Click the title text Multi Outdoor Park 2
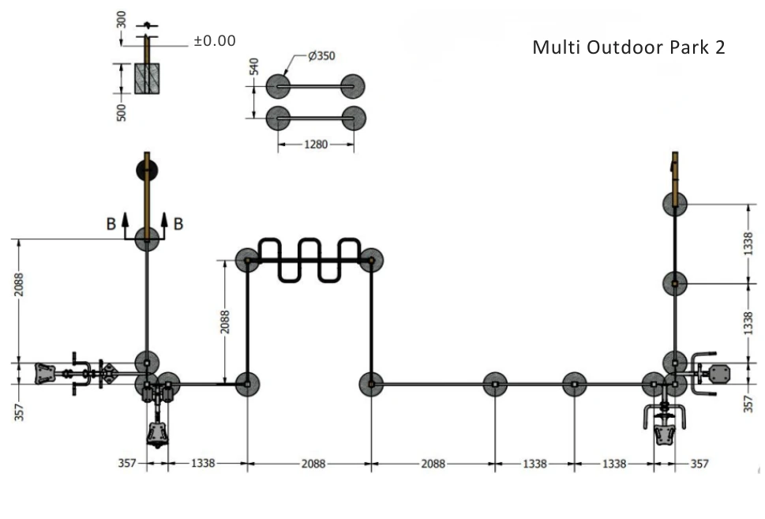[x=628, y=47]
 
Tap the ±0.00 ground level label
[x=214, y=40]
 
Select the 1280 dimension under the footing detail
[x=316, y=145]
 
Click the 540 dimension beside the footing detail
[x=254, y=66]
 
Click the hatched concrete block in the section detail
[x=147, y=79]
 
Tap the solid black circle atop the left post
[x=147, y=168]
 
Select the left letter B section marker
[x=111, y=224]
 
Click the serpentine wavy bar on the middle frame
[x=309, y=259]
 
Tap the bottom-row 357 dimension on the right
[x=699, y=464]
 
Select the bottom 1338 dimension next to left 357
[x=202, y=464]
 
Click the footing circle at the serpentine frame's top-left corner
[x=247, y=260]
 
